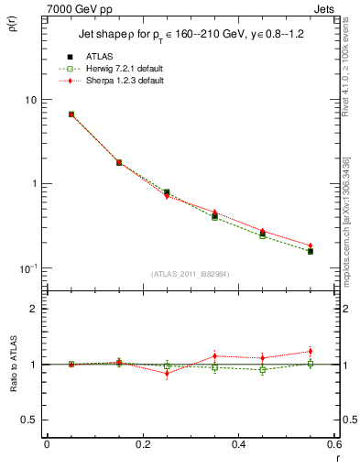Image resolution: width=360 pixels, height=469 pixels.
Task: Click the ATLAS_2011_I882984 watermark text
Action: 191,273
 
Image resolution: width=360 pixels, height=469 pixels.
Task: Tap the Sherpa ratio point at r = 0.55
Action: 311,352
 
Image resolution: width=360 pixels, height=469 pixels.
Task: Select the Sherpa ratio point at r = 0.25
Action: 167,373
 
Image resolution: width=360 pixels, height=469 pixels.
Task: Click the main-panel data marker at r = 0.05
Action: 71,115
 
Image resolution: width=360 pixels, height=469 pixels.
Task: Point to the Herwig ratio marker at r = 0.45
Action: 263,370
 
